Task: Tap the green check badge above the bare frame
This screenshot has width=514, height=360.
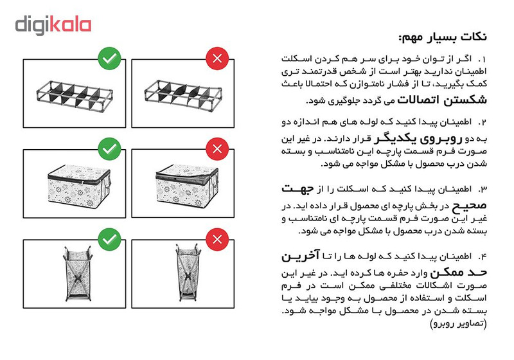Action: click(x=110, y=59)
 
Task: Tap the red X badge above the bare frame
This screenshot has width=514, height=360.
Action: click(x=217, y=59)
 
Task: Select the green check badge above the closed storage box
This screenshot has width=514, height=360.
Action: click(x=110, y=150)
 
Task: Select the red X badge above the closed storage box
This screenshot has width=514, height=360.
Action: click(x=217, y=150)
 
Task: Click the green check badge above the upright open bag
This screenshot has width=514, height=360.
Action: click(x=110, y=240)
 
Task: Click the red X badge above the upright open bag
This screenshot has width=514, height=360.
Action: click(x=217, y=240)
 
